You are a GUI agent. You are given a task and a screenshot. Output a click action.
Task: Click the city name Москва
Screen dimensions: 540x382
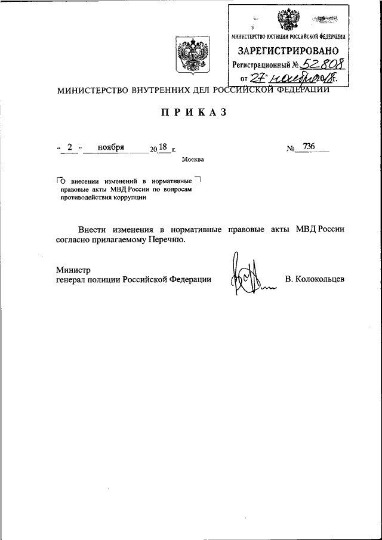(x=193, y=159)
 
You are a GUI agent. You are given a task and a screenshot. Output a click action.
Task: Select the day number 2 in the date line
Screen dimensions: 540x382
(x=70, y=147)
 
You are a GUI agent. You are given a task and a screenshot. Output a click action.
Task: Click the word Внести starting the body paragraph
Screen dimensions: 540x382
(x=94, y=229)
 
